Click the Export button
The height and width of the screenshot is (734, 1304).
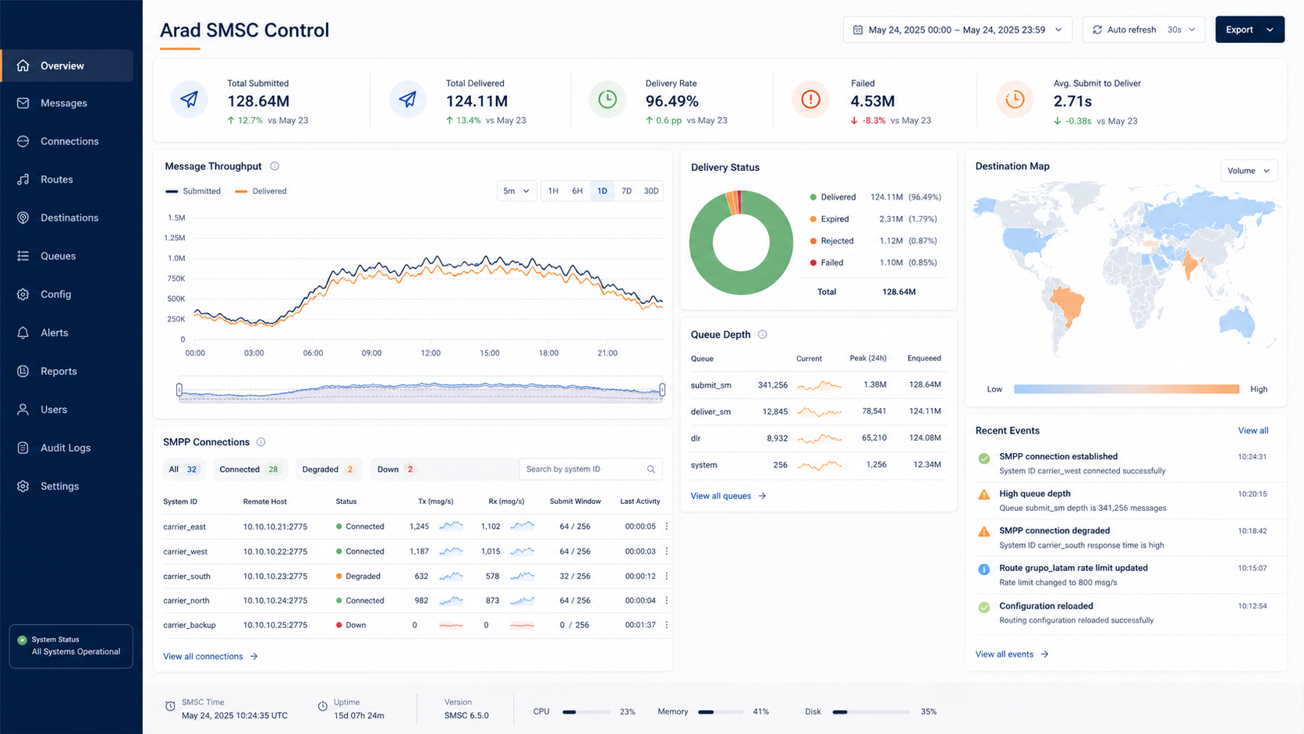click(1249, 30)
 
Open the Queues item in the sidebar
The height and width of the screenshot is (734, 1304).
click(58, 256)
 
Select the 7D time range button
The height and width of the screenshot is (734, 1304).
click(626, 191)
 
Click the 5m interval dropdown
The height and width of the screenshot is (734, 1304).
click(516, 191)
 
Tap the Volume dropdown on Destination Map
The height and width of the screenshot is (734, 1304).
click(1249, 171)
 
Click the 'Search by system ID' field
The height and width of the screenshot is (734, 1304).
click(590, 469)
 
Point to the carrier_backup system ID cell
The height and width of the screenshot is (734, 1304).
click(190, 625)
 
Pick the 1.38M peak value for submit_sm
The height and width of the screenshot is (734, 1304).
click(874, 385)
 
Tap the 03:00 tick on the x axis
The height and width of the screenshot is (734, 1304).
click(253, 353)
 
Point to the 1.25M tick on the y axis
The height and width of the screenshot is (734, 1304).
click(175, 238)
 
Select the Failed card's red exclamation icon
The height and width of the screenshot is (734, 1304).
click(810, 100)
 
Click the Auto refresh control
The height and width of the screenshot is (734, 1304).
click(1143, 30)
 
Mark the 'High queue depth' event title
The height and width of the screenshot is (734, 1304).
click(1034, 494)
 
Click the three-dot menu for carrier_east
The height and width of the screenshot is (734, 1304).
click(667, 527)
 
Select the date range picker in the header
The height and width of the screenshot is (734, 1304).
click(957, 30)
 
